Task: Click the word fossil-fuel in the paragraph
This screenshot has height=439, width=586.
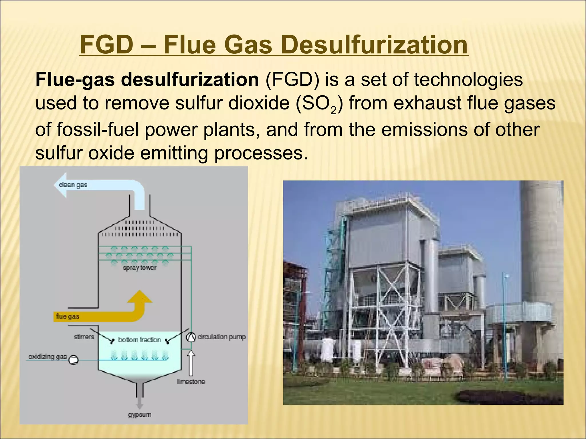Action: pos(98,129)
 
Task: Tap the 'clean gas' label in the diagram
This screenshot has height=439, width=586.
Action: pos(73,185)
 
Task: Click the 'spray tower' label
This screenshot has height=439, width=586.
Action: pos(140,268)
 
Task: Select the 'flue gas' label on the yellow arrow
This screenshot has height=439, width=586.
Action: pos(68,316)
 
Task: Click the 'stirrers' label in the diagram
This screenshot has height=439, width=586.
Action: pos(84,337)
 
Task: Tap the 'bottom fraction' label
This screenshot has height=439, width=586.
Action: pos(140,340)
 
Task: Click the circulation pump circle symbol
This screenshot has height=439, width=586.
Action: pos(190,338)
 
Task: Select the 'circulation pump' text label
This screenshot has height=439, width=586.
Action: pos(221,337)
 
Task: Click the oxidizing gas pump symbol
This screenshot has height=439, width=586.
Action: pos(73,360)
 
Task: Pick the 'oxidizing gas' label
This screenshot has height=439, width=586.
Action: pos(47,357)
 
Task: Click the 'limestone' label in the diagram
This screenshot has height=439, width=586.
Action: pos(191,382)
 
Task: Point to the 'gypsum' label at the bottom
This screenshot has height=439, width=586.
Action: pos(140,414)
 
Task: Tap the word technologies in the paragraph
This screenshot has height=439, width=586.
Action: pos(468,79)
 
